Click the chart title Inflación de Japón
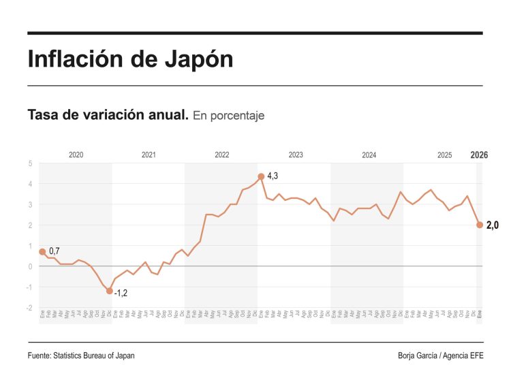tap(130, 59)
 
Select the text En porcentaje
tap(228, 116)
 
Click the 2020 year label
tap(76, 155)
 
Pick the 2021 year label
tap(149, 155)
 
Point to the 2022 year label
tap(222, 155)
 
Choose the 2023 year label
tap(296, 155)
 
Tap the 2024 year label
tap(369, 155)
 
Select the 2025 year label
tap(444, 155)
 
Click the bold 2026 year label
tap(480, 155)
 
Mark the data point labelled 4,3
tap(261, 176)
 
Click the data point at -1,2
tap(110, 291)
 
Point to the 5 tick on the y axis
tap(30, 163)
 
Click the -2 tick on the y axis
tap(29, 308)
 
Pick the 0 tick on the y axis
tap(30, 266)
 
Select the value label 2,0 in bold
tap(492, 225)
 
